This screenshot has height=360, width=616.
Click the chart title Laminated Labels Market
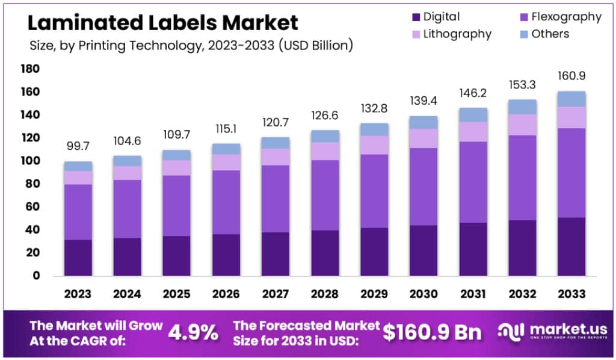pos(163,23)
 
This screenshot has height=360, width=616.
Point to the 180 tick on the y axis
pos(31,69)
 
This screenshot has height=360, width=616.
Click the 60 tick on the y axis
pos(33,207)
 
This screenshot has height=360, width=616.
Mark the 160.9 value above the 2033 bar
pos(571,76)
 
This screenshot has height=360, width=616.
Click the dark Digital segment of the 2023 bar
pos(78,258)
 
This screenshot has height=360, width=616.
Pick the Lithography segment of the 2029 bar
pos(374,145)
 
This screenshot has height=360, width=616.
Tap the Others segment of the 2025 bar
pos(176,155)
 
